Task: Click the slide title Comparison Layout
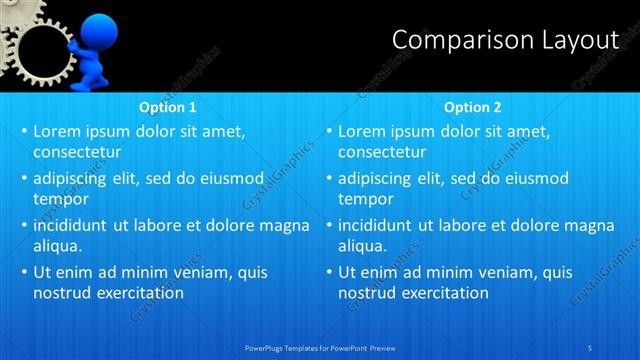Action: tap(505, 40)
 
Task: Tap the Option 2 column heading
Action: tap(473, 107)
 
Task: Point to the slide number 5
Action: tap(591, 347)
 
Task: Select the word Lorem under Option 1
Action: tap(58, 131)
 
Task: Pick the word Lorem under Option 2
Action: tap(363, 131)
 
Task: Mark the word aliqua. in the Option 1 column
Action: tap(57, 246)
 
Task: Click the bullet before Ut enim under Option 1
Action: tap(23, 272)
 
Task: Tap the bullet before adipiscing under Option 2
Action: tap(328, 178)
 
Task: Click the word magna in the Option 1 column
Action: tap(284, 225)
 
